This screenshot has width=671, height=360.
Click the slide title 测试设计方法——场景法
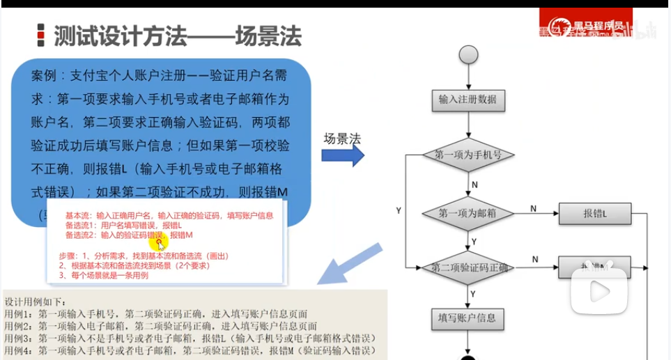177,36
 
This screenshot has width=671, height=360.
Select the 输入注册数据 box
468,100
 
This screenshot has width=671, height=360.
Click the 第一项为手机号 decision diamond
468,155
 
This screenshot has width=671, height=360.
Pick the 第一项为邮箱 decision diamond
468,213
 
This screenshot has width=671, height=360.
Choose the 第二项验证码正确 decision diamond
468,267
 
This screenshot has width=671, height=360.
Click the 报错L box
594,214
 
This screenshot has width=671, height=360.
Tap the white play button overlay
599,290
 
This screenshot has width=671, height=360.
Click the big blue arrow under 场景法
342,155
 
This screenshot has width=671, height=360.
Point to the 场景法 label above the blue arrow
342,138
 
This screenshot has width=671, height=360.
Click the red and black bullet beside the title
40,36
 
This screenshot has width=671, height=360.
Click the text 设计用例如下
36,302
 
